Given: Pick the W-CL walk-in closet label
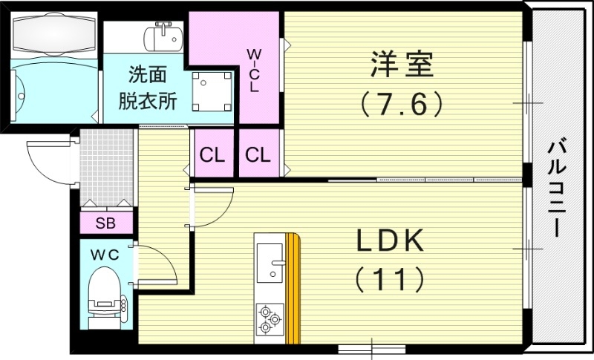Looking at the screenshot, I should [254, 71].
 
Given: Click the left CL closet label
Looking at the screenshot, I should [212, 155].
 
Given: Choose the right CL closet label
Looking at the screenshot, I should [258, 155].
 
